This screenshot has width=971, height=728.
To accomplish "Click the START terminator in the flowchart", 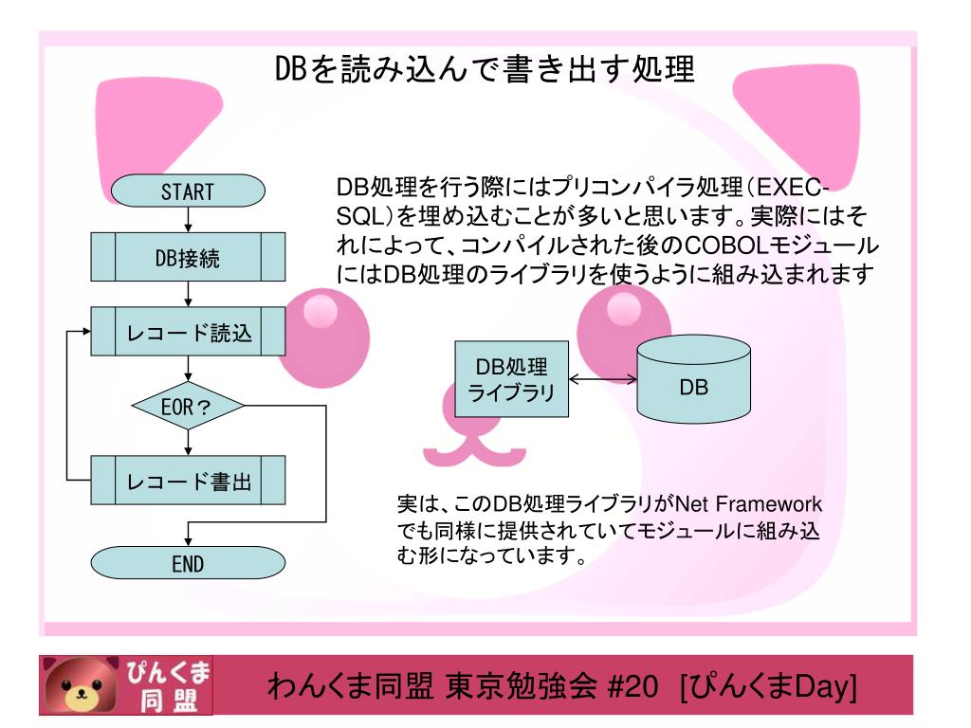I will pyautogui.click(x=187, y=189).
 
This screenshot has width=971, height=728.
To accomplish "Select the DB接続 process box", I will pyautogui.click(x=187, y=258).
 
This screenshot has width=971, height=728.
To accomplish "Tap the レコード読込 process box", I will pyautogui.click(x=187, y=332).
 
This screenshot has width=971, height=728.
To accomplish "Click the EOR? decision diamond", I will pyautogui.click(x=187, y=409).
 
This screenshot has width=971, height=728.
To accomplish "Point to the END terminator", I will pyautogui.click(x=187, y=565).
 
